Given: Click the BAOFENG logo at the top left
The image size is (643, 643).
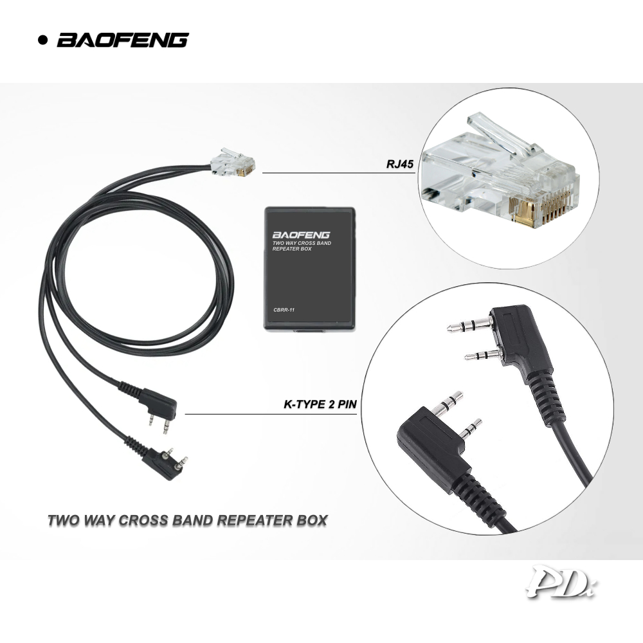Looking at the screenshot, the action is coord(122,40).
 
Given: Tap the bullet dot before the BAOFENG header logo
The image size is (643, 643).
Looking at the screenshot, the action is coord(44,41).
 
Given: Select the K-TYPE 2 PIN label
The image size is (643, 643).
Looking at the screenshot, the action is coord(320,405).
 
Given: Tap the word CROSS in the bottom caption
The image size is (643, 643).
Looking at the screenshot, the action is coord(146,520).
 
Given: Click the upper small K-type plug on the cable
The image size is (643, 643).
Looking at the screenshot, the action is coord(157,403).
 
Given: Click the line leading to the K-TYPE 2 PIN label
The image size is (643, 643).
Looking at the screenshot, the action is coord(270,414).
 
